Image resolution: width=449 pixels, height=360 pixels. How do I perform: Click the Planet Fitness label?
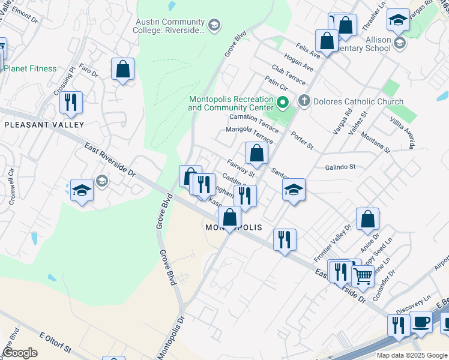coord(30,68)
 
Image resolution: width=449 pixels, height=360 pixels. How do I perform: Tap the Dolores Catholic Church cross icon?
coord(304,101)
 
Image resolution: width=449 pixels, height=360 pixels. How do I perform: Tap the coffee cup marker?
coord(421,321)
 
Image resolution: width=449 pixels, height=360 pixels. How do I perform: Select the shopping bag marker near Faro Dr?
coord(122,69)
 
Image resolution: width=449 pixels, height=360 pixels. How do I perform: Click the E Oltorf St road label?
coord(55,341)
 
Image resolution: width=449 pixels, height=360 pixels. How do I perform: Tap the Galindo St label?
coord(340,167)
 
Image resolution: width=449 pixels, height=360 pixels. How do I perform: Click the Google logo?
coord(20,353)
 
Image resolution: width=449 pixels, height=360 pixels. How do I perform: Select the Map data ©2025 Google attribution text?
coord(412,355)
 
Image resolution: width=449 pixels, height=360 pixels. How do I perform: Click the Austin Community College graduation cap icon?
coord(214,25)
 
